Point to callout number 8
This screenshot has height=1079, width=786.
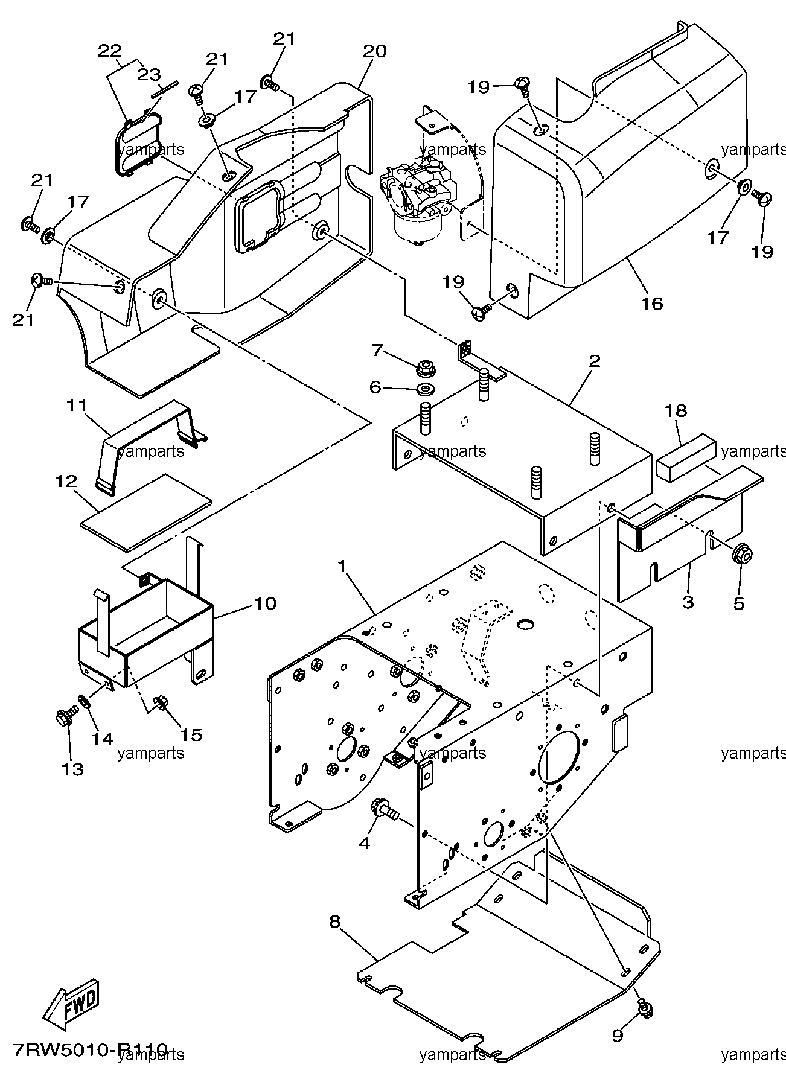tap(335, 922)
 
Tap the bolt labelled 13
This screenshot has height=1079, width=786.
tap(65, 718)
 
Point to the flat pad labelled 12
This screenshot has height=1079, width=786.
tap(147, 512)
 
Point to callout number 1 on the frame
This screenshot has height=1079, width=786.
tap(342, 567)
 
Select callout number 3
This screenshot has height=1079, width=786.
tap(688, 602)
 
